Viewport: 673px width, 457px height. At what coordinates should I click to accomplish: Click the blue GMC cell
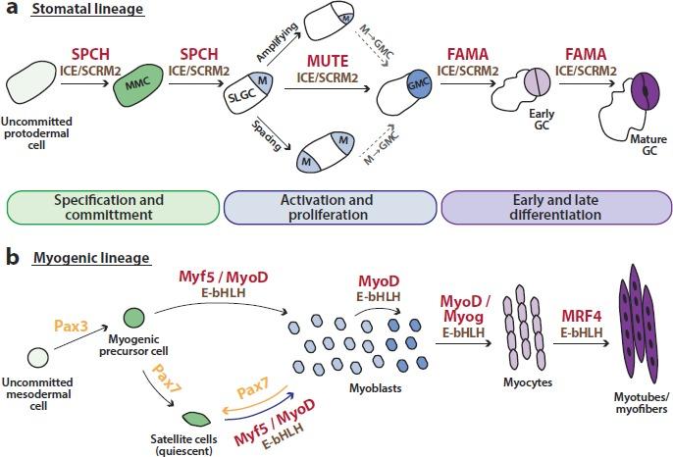tap(416, 86)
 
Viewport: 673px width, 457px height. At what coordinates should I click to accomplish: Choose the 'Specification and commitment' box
tap(112, 208)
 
